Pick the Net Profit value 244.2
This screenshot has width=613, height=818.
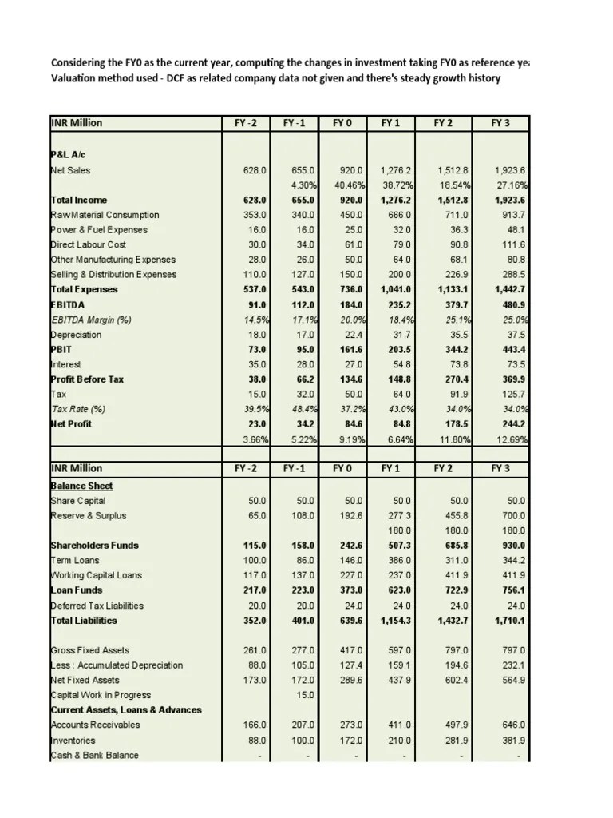511,424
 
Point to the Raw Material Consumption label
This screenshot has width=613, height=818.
105,215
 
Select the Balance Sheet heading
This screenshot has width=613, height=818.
81,486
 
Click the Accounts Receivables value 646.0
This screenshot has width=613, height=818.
511,725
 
